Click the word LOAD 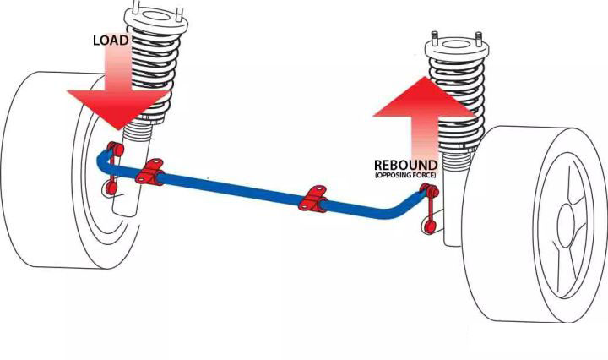(111, 41)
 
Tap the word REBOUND (405, 165)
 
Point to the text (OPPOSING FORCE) (405, 175)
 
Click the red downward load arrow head (119, 109)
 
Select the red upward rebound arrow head (425, 98)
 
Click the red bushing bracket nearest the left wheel (149, 171)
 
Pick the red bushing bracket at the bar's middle (312, 199)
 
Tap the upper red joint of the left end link (115, 149)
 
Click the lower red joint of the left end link (111, 188)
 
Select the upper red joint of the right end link (430, 190)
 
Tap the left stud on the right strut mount (435, 38)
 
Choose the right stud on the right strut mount (479, 39)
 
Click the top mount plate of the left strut (155, 20)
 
